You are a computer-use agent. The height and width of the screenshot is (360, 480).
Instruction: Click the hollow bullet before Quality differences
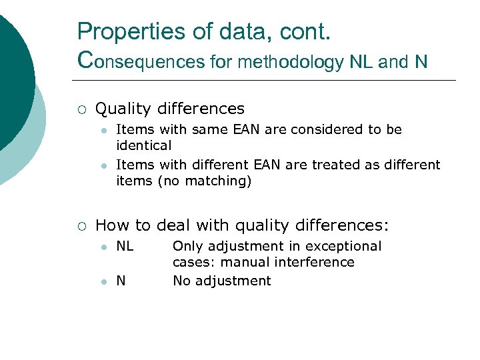(x=81, y=109)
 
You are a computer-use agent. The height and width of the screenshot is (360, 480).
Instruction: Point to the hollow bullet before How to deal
(x=81, y=226)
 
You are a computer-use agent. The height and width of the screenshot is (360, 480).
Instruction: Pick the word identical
(x=143, y=145)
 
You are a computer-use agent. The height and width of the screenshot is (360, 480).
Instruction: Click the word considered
(x=321, y=129)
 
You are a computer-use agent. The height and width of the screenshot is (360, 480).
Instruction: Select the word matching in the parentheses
(x=215, y=181)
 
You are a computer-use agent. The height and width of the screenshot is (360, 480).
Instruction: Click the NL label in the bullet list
(x=125, y=247)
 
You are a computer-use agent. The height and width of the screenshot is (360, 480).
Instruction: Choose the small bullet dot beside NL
(x=103, y=247)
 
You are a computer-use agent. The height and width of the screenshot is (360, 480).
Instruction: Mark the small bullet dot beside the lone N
(x=103, y=281)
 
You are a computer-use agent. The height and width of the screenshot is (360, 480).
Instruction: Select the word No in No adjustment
(x=181, y=281)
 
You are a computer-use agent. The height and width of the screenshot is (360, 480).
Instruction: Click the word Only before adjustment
(x=187, y=247)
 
